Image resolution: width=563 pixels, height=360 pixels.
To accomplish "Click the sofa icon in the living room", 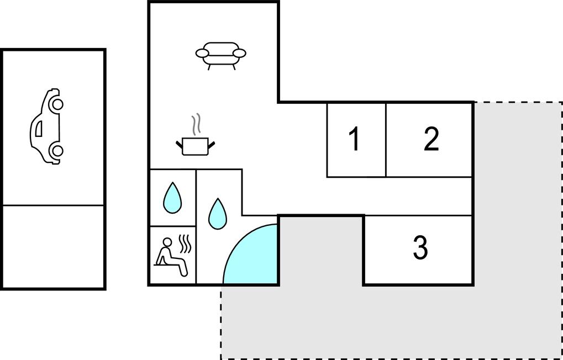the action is coord(221,56).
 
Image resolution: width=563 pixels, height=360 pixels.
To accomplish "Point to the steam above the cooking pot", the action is coord(196,125).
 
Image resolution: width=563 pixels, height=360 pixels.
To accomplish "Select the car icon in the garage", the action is coord(46,126).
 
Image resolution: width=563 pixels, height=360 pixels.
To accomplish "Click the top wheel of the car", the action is coord(57,104).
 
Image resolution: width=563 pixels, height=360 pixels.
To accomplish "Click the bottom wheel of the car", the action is coord(57,151).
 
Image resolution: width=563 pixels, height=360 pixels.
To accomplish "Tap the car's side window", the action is coord(39,129).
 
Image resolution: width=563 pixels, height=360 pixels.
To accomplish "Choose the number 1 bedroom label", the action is coord(354,139).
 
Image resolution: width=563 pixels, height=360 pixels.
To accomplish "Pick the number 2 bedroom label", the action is coord(431,139).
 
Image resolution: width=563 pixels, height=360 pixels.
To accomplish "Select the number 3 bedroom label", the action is coord(420,248).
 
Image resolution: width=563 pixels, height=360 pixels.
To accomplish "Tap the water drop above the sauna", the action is coord(172,198).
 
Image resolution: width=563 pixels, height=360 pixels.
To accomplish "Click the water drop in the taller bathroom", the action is coord(218,214).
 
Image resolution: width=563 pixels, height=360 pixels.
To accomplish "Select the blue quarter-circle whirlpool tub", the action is coord(251,254).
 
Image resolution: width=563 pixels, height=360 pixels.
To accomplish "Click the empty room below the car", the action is coord(53,246).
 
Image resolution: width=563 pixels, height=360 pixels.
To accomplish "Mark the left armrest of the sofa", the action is coord(203,54).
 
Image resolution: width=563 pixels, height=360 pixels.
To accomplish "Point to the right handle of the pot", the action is coord(212,145).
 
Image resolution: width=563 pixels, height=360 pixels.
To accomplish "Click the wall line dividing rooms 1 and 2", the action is coord(386,140).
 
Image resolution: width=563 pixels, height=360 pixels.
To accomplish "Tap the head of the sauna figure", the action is coord(167,242).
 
